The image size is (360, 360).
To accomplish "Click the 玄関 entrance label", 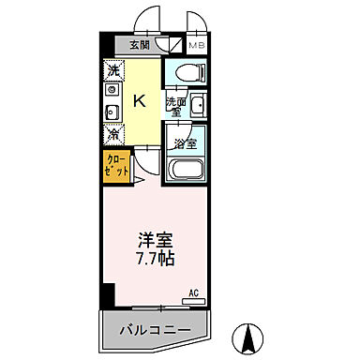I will point(139,44).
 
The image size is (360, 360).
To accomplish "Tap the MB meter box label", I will point(197,44).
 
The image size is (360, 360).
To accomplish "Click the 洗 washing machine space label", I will point(112,71).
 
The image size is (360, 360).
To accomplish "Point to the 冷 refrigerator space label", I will point(112,133).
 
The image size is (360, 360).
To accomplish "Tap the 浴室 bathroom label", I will point(186,143).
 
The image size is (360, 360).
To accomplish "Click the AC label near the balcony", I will point(193,293).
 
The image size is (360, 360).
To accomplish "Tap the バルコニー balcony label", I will point(156,329).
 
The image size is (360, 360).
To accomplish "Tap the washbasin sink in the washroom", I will point(197,107).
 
